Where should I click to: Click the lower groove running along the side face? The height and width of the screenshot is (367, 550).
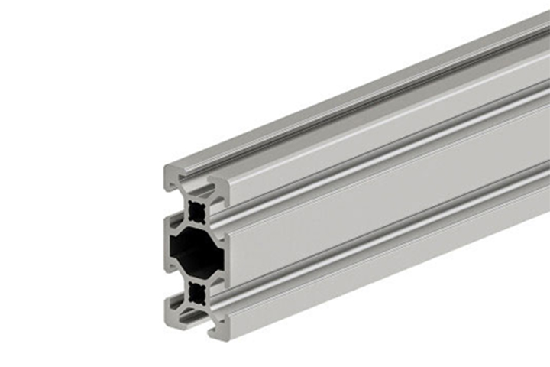(x=382, y=243)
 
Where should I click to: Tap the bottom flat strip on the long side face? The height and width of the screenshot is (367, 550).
(x=382, y=271)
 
